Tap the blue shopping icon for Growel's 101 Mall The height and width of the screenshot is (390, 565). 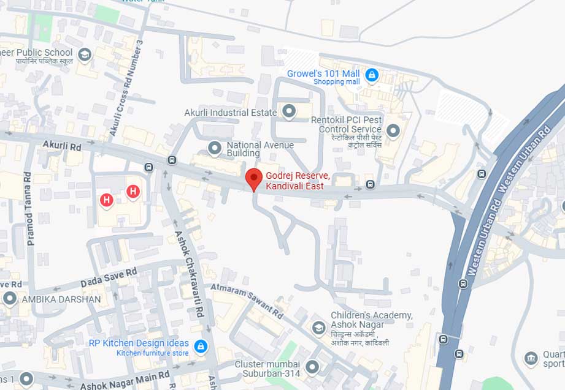tap(371, 75)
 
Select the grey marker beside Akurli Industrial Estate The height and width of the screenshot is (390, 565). tap(289, 111)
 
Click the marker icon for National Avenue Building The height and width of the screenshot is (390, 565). tap(215, 148)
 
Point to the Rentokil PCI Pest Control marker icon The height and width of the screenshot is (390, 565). tap(393, 130)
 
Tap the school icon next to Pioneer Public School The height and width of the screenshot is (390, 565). tap(84, 56)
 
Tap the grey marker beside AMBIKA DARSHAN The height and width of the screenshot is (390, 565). tap(10, 299)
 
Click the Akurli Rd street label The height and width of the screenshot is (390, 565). tap(62, 146)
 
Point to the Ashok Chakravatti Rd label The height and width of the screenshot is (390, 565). tap(190, 273)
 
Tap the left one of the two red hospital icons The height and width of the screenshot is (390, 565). tap(107, 200)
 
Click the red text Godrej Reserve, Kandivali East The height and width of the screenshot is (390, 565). tap(298, 181)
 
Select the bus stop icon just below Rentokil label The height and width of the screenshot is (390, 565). tap(370, 184)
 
